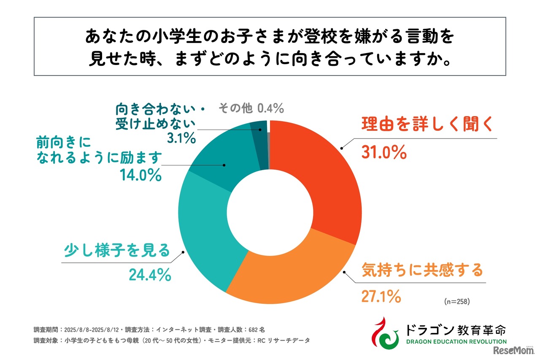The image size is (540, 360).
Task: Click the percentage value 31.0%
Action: coord(384,152)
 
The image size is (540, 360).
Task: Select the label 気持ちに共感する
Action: coord(422,269)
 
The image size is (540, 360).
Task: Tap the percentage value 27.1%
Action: coord(381,297)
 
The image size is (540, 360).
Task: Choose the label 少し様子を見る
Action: coord(116,250)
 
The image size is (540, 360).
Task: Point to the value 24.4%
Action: coord(150,275)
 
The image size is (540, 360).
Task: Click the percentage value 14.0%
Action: coord(140,175)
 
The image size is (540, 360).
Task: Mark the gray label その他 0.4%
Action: coord(251,108)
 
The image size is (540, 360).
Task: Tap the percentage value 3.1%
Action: coord(181,137)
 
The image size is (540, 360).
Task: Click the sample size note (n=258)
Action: coord(457,302)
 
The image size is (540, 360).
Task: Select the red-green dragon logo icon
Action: coord(384,332)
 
